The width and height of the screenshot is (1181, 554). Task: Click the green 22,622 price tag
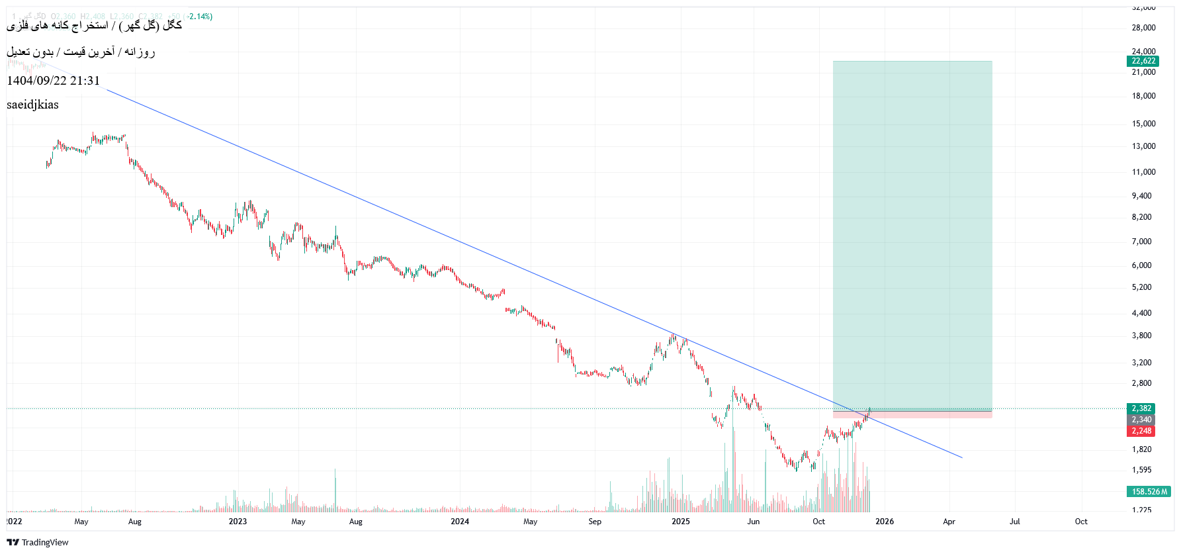[x=1143, y=61]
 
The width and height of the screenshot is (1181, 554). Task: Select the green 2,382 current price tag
[x=1141, y=408]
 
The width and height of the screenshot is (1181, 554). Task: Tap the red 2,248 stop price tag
[x=1141, y=431]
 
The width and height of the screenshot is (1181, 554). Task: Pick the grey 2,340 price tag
[x=1141, y=420]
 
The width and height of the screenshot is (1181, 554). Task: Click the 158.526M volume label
[x=1149, y=492]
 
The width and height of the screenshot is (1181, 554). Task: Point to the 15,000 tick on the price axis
[x=1143, y=124]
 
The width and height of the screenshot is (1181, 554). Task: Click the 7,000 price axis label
[x=1141, y=242]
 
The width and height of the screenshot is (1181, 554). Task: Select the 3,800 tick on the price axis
[x=1141, y=336]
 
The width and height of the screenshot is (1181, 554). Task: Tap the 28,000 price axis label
[x=1143, y=28]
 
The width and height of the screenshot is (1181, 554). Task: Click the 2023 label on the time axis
[x=238, y=522]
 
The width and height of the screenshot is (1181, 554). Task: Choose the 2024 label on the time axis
[x=460, y=522]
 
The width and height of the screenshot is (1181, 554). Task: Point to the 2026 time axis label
[x=885, y=522]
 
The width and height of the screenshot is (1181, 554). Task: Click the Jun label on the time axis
[x=753, y=522]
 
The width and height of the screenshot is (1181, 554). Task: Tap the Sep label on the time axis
[x=595, y=522]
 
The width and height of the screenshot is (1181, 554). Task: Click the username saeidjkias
[x=32, y=105]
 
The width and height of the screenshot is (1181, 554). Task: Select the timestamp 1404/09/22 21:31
[x=53, y=81]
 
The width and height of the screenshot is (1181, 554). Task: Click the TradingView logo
[x=38, y=542]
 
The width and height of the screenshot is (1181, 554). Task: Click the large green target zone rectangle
[x=912, y=232]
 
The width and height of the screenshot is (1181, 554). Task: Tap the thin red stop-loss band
[x=912, y=415]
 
